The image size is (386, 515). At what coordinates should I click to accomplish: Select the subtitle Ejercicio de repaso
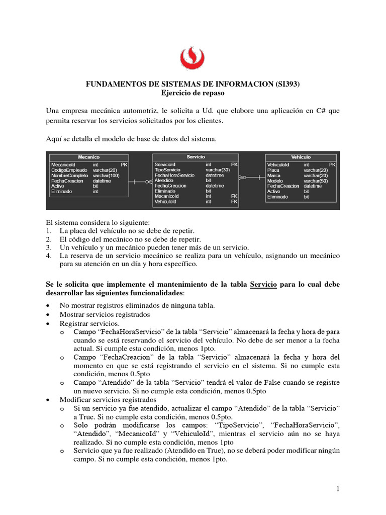[x=193, y=93]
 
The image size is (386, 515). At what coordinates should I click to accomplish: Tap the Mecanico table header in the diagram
[x=88, y=157]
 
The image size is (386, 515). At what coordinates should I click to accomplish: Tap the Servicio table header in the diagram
[x=196, y=157]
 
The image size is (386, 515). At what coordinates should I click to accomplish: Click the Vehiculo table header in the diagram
[x=301, y=157]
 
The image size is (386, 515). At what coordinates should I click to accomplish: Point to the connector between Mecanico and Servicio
[x=140, y=183]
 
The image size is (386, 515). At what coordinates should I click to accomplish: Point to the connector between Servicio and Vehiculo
[x=251, y=177]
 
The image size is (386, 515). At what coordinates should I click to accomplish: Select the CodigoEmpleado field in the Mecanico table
[x=69, y=170]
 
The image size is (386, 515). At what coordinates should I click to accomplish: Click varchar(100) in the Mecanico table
[x=107, y=176]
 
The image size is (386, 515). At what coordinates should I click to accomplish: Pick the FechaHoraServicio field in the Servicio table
[x=174, y=176]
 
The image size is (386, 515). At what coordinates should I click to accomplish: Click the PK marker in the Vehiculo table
[x=332, y=164]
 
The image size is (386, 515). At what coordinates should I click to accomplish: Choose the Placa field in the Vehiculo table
[x=274, y=170]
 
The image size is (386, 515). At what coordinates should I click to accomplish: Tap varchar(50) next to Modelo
[x=316, y=181]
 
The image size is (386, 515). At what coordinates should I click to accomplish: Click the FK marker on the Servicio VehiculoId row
[x=234, y=202]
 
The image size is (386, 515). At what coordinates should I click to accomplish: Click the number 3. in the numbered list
[x=49, y=247]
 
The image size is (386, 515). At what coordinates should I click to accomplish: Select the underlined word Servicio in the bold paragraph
[x=263, y=284]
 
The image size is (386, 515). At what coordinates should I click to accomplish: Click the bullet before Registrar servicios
[x=48, y=323]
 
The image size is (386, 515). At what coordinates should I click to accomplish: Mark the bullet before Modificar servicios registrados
[x=48, y=399]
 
